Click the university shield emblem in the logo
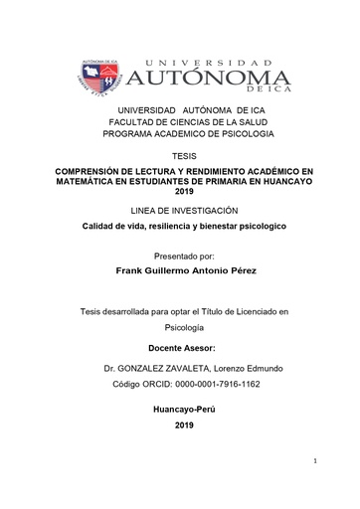97,77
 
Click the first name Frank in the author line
131,269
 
